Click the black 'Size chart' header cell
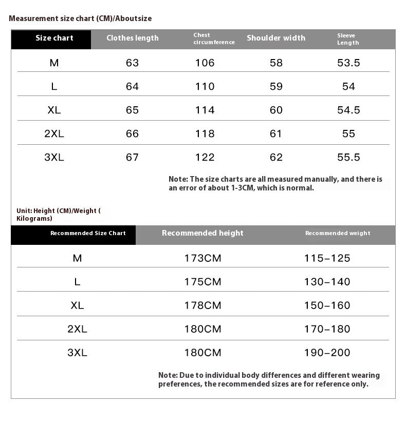54,38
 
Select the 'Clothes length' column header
132,38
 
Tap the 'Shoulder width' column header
276,38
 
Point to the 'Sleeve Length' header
348,39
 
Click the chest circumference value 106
205,63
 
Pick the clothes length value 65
132,110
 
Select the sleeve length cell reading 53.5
348,63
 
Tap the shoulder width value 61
276,134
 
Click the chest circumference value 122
205,158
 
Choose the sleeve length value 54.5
348,110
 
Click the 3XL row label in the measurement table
54,158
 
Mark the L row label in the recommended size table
77,282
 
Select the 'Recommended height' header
202,233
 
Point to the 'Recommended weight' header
338,233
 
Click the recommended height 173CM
202,258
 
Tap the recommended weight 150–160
327,305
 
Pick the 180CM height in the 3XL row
202,353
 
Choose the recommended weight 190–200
327,353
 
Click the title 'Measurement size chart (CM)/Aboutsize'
80,18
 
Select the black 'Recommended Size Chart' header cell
88,233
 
